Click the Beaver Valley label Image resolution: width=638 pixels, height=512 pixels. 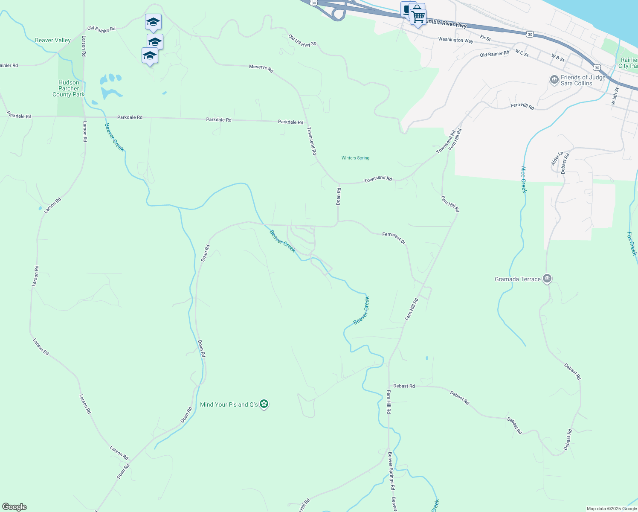coord(53,41)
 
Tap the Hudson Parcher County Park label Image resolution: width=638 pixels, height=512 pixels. coord(69,89)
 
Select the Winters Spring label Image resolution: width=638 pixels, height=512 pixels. coord(355,158)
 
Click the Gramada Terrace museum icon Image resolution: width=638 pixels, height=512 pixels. coord(547,279)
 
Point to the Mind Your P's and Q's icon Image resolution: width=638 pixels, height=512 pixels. coord(264,404)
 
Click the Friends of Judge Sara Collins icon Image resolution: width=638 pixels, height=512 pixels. coord(554,80)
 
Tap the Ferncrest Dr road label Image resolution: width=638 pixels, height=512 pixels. coord(394,238)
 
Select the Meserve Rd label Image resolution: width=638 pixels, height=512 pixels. coord(261,68)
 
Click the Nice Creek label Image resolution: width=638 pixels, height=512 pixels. coord(524,180)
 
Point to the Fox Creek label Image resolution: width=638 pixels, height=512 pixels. coord(632,243)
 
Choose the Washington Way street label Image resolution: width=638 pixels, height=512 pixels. coord(455,40)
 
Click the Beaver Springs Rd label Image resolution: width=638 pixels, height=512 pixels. coord(391,471)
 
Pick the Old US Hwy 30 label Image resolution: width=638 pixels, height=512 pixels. coord(302,41)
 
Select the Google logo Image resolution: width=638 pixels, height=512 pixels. coord(14,507)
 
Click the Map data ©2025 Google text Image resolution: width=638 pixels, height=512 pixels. coord(612,509)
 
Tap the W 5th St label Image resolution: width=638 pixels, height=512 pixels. coord(615,96)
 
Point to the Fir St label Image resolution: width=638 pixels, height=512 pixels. coord(485,38)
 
